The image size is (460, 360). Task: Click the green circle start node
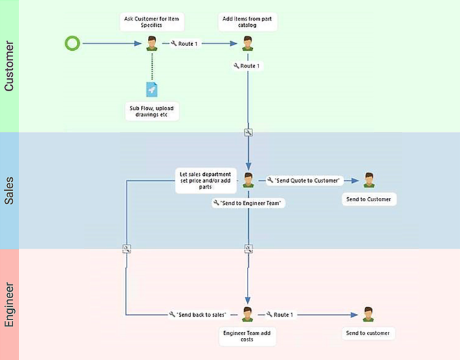(72, 43)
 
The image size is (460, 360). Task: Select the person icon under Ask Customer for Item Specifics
(153, 43)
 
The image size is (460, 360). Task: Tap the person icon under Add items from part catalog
(248, 43)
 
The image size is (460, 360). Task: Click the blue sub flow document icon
(152, 90)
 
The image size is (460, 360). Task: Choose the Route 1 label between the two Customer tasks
(184, 43)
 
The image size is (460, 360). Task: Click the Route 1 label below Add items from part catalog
(247, 66)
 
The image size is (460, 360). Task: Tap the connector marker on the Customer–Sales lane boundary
(248, 132)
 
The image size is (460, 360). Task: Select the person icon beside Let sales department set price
(248, 180)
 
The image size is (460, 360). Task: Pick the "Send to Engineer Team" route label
(249, 203)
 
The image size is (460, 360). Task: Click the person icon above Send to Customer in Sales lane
(369, 180)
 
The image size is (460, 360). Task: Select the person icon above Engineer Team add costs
(248, 314)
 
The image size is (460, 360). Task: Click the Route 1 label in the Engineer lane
(281, 315)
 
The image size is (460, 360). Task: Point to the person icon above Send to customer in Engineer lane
(369, 314)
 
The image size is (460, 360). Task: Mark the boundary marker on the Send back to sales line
(126, 248)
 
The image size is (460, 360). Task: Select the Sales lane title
(10, 190)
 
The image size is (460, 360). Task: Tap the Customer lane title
(10, 66)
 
